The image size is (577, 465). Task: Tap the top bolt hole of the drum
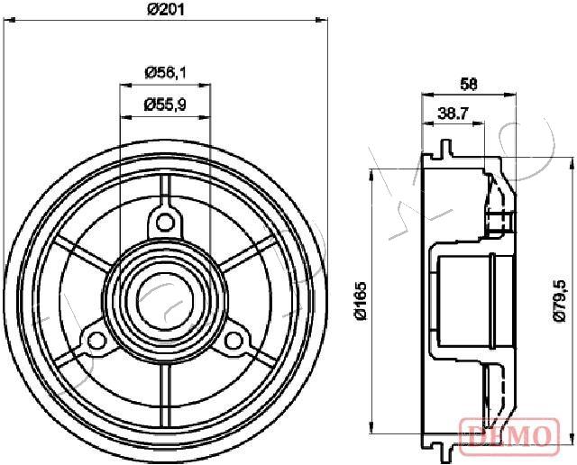pyautogui.click(x=164, y=221)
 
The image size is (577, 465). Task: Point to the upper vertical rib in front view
pyautogui.click(x=164, y=187)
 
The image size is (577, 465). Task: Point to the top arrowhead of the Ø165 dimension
pyautogui.click(x=371, y=175)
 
